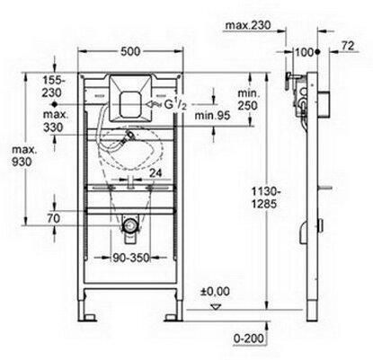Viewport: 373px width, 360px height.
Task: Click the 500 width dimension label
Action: [x=130, y=51]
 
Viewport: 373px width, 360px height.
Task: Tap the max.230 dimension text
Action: [x=248, y=25]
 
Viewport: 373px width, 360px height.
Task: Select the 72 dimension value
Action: [x=348, y=46]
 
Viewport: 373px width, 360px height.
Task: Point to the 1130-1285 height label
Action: [x=263, y=198]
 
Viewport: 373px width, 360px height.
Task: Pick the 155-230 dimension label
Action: [x=52, y=86]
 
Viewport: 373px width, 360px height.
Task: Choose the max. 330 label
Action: [x=53, y=121]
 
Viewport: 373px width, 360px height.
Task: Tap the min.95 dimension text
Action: [x=212, y=115]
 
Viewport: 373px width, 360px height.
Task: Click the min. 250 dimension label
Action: [x=247, y=100]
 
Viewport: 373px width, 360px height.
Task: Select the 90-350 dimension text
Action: [x=131, y=258]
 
